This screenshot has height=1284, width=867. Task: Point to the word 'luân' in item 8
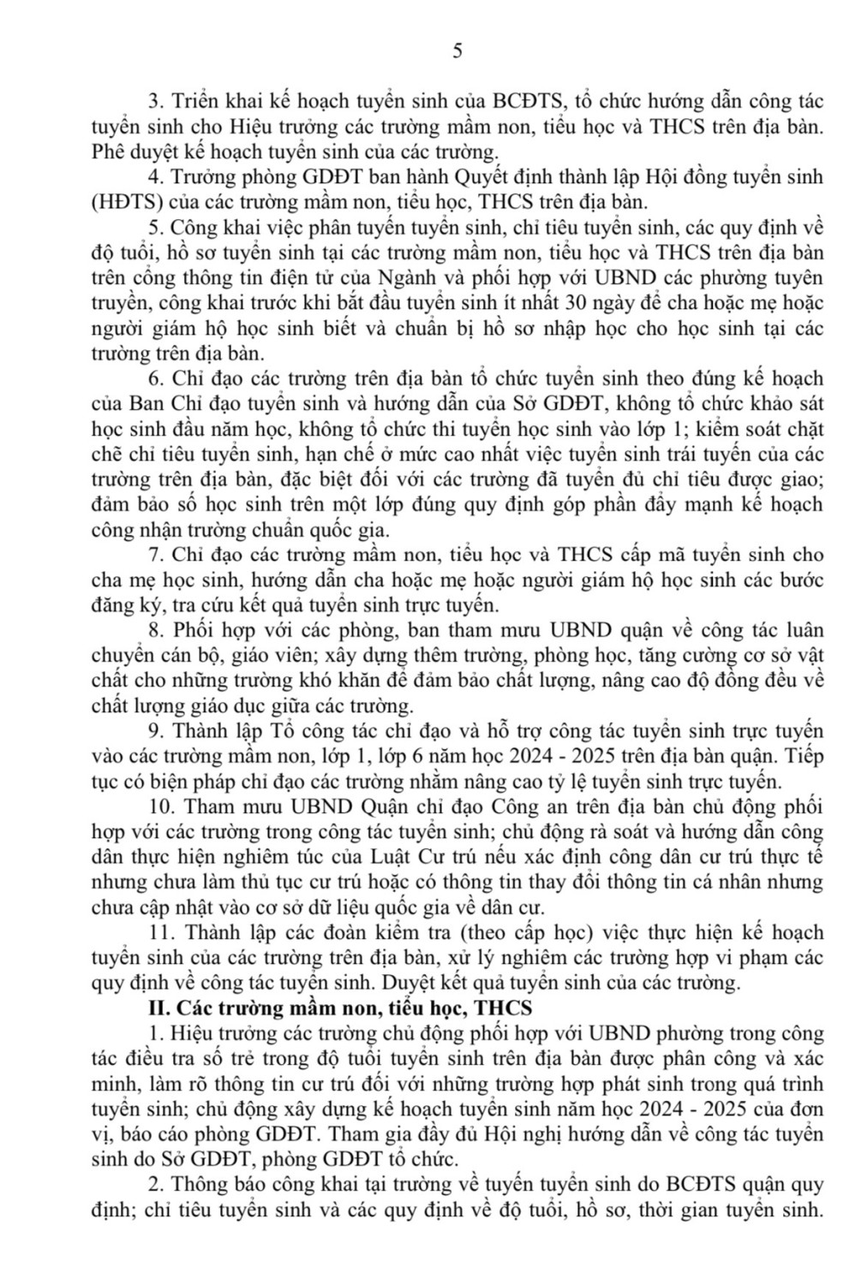(x=803, y=631)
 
